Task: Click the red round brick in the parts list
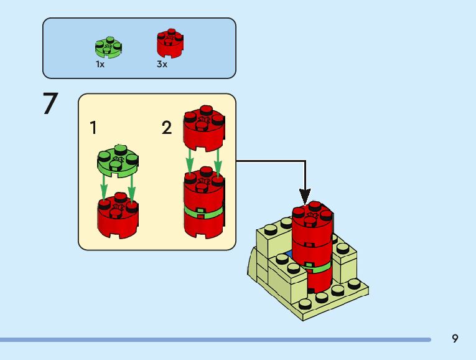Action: [x=170, y=44]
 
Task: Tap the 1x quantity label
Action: [x=100, y=64]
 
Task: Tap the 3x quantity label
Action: [x=162, y=64]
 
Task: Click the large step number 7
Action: [x=50, y=104]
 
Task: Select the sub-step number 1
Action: [x=93, y=128]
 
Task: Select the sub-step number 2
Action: [x=166, y=128]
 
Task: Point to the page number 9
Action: [x=455, y=338]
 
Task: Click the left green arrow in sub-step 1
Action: [x=105, y=187]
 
